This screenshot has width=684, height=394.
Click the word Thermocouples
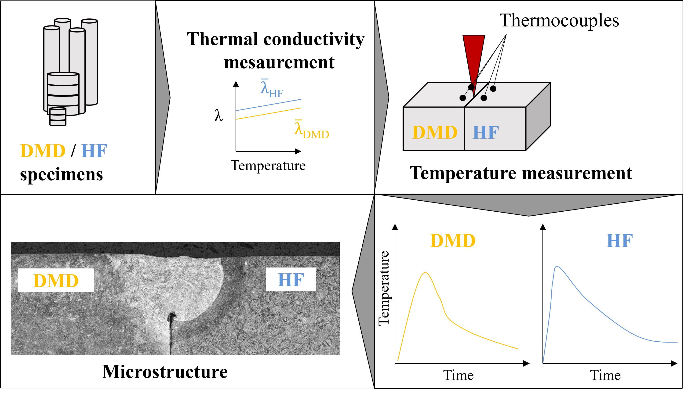[x=559, y=21]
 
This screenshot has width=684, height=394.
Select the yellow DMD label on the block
[x=435, y=133]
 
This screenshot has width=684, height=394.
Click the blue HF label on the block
[x=486, y=133]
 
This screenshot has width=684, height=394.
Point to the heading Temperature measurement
[x=520, y=173]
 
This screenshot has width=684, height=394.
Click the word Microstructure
[x=165, y=372]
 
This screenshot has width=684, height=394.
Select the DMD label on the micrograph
[x=56, y=281]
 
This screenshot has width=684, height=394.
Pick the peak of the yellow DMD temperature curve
[x=426, y=273]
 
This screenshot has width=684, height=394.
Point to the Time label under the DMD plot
[x=458, y=375]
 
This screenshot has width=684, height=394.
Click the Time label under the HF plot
[x=605, y=375]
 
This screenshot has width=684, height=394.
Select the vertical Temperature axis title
[x=384, y=289]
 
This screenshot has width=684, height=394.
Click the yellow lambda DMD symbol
[x=311, y=130]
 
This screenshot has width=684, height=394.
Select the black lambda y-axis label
[x=219, y=116]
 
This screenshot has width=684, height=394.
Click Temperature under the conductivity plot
[x=268, y=165]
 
